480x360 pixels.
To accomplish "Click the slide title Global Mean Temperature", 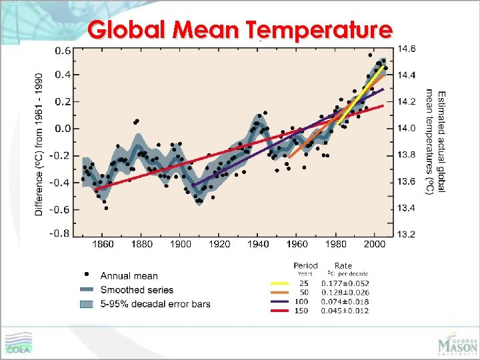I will point(240,30).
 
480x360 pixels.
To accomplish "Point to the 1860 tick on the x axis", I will point(103,245).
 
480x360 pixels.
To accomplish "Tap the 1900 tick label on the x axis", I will point(181,245).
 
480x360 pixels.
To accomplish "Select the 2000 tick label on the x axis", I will point(376,245).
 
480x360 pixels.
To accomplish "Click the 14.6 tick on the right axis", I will point(407,49).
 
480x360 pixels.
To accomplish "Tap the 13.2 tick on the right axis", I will point(407,234).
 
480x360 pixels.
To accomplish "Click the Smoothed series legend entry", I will point(137,290).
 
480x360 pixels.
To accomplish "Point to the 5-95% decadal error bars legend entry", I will point(155,304).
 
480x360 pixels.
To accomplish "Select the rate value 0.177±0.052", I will point(345,283).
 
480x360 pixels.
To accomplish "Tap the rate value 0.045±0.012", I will point(345,311).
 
